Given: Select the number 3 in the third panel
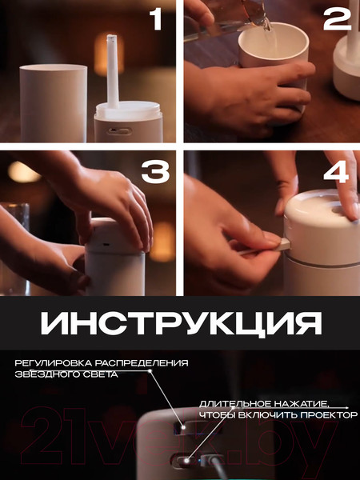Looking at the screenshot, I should point(155,170).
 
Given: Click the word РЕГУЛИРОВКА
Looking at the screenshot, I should point(51,363).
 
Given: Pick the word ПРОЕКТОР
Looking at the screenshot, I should point(327,414).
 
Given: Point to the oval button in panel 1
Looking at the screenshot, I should point(120,128).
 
